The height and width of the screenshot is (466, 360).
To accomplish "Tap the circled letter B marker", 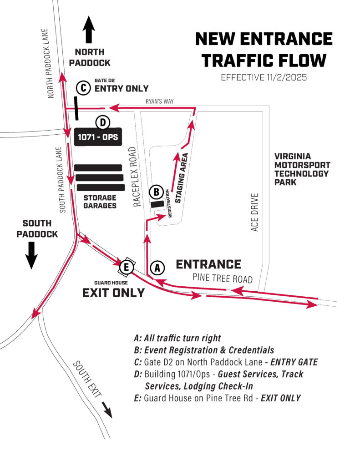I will pyautogui.click(x=156, y=192).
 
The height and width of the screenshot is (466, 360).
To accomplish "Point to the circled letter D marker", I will pyautogui.click(x=103, y=122).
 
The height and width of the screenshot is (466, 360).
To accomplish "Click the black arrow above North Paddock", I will pyautogui.click(x=89, y=29).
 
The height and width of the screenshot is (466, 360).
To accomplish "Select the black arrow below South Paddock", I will pyautogui.click(x=31, y=255).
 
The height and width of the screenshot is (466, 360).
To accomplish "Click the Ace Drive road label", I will pyautogui.click(x=255, y=212).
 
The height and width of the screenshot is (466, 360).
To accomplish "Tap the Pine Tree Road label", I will pyautogui.click(x=222, y=278).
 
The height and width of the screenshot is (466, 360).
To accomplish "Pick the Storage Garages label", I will pyautogui.click(x=100, y=202).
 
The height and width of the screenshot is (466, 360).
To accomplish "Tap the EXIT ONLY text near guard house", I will pyautogui.click(x=113, y=293).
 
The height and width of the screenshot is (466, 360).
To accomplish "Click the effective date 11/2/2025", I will pyautogui.click(x=264, y=77).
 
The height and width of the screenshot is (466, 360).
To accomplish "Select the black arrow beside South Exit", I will pyautogui.click(x=107, y=409).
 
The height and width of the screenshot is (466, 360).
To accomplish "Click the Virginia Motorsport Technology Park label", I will pyautogui.click(x=302, y=169).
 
